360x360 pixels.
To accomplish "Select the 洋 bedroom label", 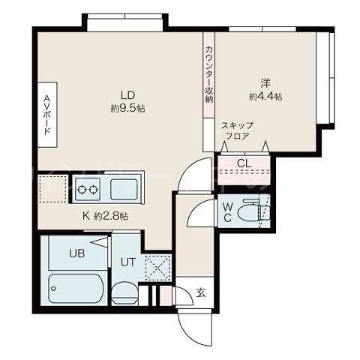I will point(265,83).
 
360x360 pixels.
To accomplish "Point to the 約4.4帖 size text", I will point(265,97).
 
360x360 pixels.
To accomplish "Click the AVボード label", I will point(46,114).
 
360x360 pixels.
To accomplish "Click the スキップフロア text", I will point(238,132).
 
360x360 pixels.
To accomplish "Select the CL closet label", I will point(244,163).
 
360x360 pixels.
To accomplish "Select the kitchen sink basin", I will point(124,187).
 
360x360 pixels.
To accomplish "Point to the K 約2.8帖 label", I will point(105,216).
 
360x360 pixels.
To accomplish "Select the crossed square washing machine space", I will point(157,267).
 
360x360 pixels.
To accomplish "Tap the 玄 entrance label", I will point(200,292).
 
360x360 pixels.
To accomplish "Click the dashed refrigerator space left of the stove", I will point(53,188).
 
